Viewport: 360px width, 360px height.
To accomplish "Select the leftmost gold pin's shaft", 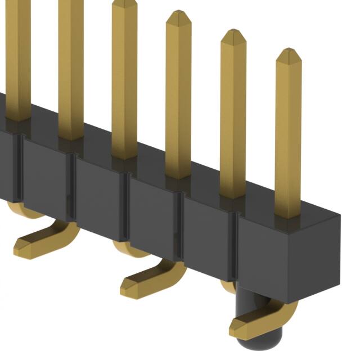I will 17,56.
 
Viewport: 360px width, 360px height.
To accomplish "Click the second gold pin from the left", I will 71,67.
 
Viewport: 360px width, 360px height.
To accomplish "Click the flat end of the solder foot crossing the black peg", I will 239,327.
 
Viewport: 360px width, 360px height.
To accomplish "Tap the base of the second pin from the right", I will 232,195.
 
